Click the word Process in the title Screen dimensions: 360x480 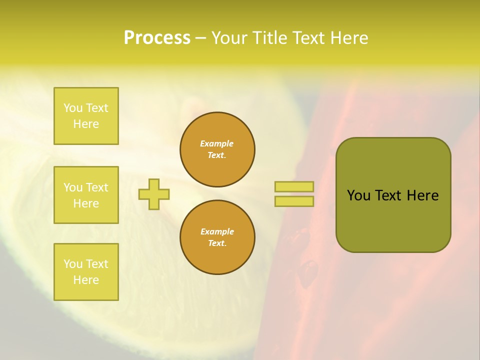tap(157, 38)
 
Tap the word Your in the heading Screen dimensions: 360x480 tap(229, 38)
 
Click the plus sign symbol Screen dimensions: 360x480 tap(154, 194)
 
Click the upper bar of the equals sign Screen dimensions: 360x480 tap(294, 186)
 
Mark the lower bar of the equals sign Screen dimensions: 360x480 tap(294, 201)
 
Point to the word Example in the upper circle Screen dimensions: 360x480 tap(217, 143)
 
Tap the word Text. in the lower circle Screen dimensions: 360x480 tap(217, 243)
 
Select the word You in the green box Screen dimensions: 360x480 tap(358, 195)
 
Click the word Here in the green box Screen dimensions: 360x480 tap(422, 195)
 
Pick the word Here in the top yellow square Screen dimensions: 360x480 tap(86, 124)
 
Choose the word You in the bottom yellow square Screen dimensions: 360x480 tap(73, 264)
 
